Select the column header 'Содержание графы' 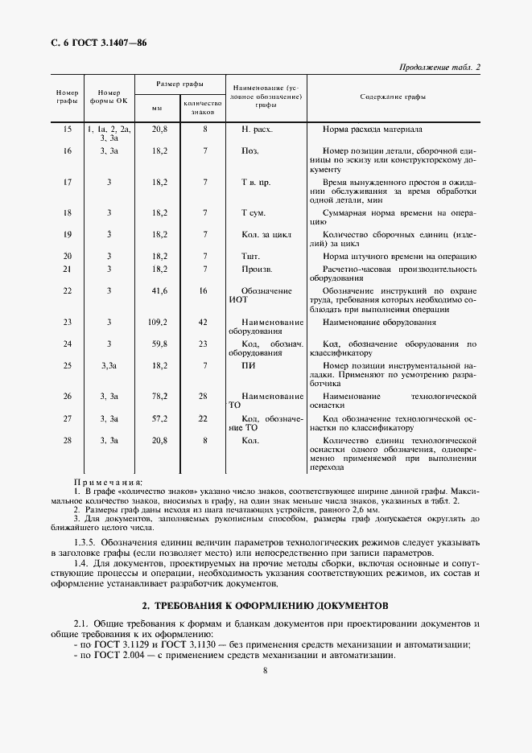pos(393,97)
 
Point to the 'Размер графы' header pos(179,84)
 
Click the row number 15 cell pos(67,129)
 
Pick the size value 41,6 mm pos(159,290)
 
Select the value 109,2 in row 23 pos(159,322)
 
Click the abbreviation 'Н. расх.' pos(257,129)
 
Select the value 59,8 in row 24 pos(159,344)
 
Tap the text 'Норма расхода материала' pos(372,129)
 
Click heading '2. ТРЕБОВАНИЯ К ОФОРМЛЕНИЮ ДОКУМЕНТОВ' pos(265,603)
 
